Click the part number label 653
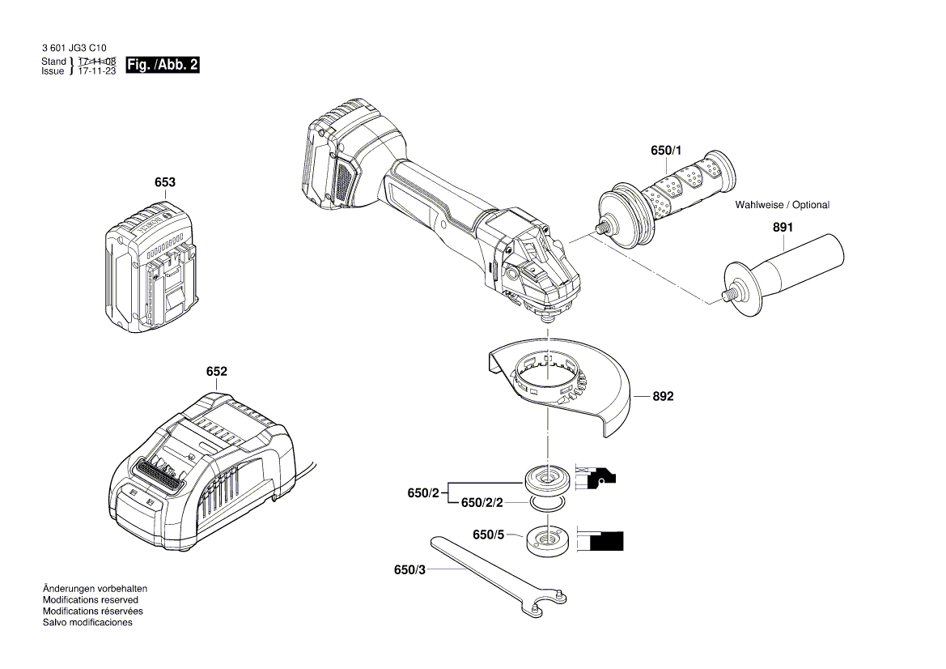[x=164, y=183]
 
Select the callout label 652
[x=216, y=372]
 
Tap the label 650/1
[x=666, y=151]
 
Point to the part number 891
[x=783, y=228]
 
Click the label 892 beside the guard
[x=663, y=397]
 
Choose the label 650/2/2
[x=482, y=503]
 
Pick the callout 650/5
[x=488, y=535]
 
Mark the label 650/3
[x=409, y=570]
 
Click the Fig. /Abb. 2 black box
[x=163, y=66]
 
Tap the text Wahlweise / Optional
[x=782, y=205]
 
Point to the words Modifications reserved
[x=90, y=600]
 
